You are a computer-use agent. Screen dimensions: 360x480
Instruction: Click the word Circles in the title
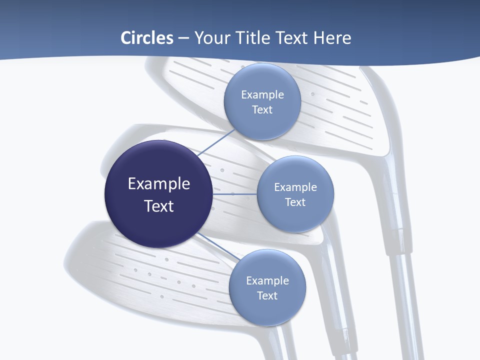tap(147, 38)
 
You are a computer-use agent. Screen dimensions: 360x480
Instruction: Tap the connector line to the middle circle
tap(234, 194)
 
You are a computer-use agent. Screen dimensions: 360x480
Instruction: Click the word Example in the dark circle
tap(159, 184)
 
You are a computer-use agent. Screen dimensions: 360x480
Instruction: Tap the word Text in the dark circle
tap(159, 206)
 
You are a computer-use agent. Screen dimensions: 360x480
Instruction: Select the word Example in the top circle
tap(262, 95)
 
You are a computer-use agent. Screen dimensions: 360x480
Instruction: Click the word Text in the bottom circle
tap(267, 296)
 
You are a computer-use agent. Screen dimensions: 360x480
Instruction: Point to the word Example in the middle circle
tap(295, 187)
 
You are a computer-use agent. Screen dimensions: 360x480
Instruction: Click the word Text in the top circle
tap(262, 110)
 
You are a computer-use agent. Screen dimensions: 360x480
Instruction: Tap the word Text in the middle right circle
tap(295, 202)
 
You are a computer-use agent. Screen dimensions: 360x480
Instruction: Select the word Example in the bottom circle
tap(267, 281)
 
